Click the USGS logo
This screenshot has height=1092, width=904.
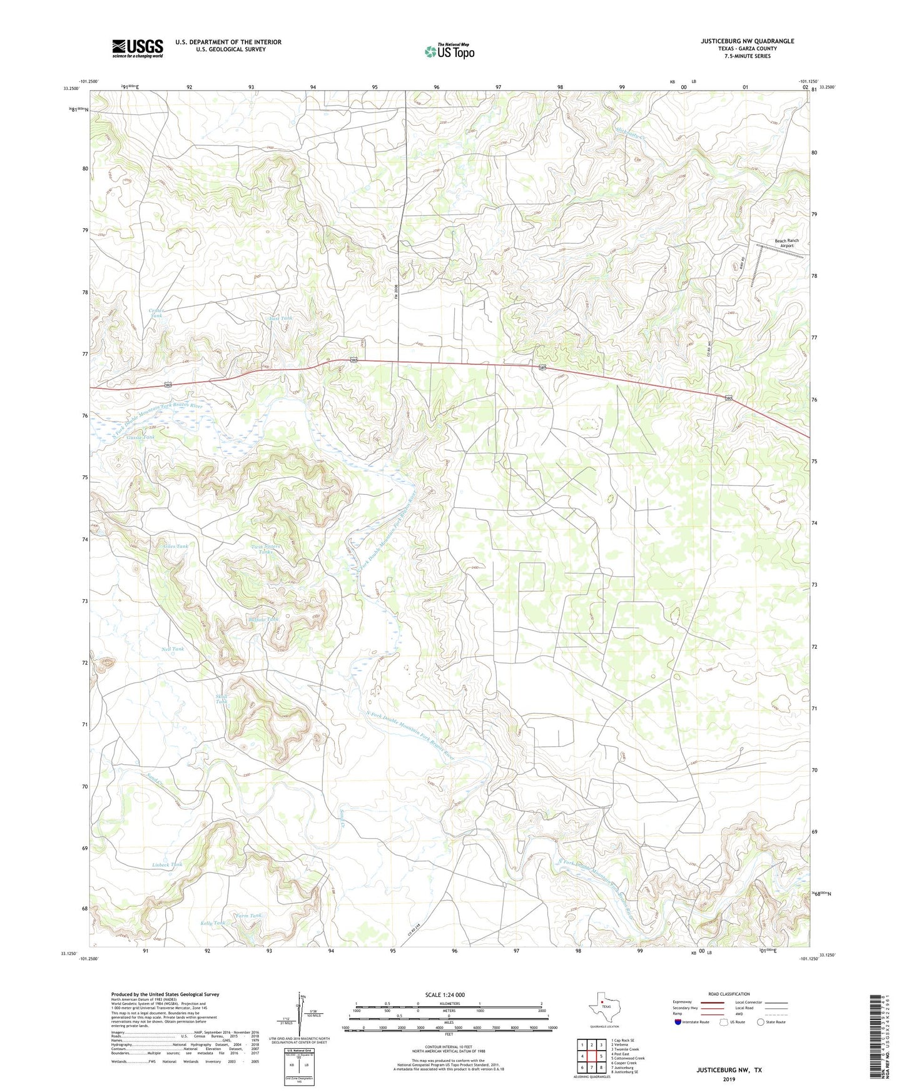pos(138,48)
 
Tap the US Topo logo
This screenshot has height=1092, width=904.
pos(449,51)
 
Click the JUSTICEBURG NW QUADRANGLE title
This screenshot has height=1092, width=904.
pos(747,41)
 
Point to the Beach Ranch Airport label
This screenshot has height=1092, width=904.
pos(786,243)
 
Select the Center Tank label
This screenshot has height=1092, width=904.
pos(156,313)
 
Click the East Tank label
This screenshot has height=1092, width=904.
pos(281,318)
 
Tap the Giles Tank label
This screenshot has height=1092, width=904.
pos(175,546)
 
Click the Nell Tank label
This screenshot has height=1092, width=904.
pos(173,649)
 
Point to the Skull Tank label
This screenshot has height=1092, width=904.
pos(221,699)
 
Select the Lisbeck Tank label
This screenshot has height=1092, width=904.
pos(167,864)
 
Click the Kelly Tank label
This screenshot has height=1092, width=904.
pos(213,923)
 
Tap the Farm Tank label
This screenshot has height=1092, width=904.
pos(248,916)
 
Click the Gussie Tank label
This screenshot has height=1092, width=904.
pos(140,437)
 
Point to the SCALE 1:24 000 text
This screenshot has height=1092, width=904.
pos(444,994)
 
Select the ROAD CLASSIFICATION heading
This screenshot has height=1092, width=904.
pos(729,994)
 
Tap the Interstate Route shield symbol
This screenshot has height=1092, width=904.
pos(678,1022)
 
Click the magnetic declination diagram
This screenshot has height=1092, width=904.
pos(299,1013)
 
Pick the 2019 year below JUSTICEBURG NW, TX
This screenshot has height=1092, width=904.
pos(729,1079)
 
